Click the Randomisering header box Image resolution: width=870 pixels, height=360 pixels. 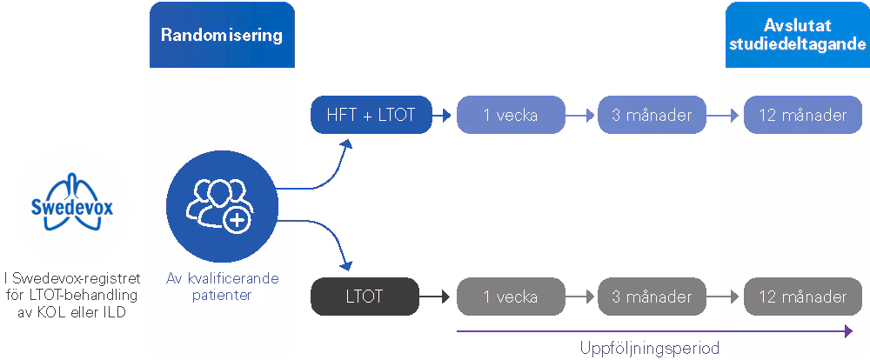(222, 35)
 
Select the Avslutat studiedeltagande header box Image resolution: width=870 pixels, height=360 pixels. (796, 35)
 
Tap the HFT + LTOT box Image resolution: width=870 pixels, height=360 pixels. (371, 115)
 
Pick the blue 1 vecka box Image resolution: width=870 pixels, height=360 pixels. (511, 115)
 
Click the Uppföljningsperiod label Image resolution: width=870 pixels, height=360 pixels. (651, 348)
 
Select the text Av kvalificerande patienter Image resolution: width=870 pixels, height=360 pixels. (222, 287)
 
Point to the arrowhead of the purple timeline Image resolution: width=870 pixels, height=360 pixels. (848, 330)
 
